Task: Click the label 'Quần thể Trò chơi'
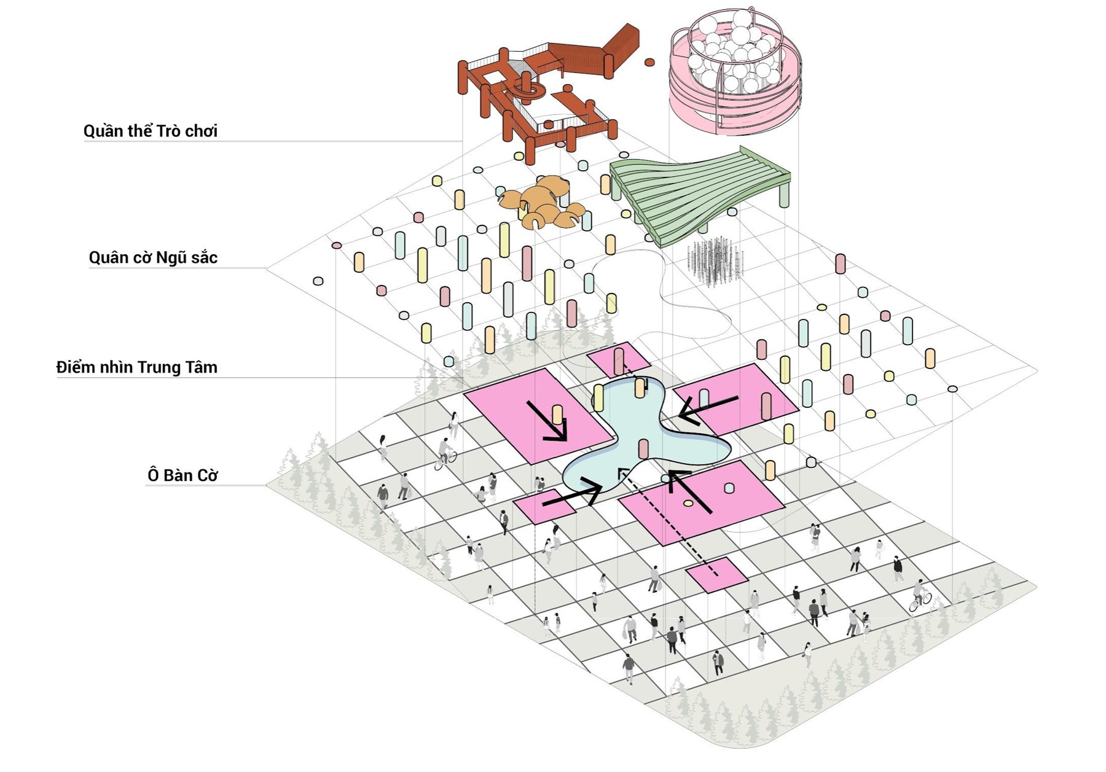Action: [x=151, y=131]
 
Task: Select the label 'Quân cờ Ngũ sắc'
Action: [x=153, y=257]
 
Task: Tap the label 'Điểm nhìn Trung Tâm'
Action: [x=137, y=367]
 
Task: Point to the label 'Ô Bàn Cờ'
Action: [x=182, y=475]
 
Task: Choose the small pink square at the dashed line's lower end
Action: [x=716, y=575]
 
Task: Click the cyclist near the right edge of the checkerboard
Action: [x=920, y=596]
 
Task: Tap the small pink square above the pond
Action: [x=618, y=360]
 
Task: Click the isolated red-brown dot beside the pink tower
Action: [x=649, y=62]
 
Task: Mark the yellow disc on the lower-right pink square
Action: [x=688, y=504]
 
